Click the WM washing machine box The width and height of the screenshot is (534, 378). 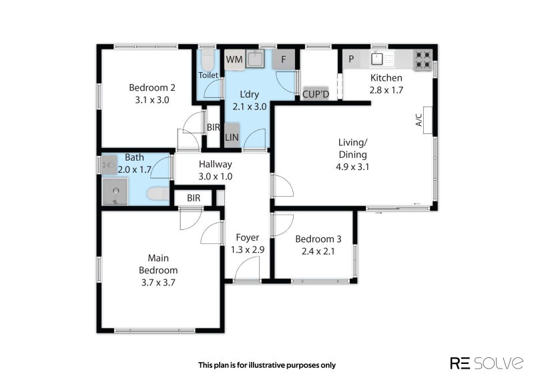click(x=234, y=59)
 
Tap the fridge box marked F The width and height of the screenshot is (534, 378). click(x=283, y=59)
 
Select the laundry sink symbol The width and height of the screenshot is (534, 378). click(x=255, y=59)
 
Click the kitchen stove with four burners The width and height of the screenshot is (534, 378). click(x=423, y=60)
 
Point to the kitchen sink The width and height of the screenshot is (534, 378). click(x=377, y=59)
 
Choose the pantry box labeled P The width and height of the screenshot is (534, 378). click(x=351, y=59)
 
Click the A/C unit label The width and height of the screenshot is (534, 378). click(x=419, y=120)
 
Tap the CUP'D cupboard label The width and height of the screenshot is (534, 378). click(x=316, y=94)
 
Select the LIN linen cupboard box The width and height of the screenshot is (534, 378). click(x=232, y=135)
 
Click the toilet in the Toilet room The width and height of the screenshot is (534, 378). click(x=207, y=60)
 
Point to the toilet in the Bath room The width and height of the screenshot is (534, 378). click(x=158, y=194)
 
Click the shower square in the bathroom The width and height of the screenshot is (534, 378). click(x=115, y=192)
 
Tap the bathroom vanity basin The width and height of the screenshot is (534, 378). click(x=109, y=165)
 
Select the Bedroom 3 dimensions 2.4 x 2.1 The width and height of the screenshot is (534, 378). click(x=318, y=251)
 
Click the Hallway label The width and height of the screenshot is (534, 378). click(x=215, y=164)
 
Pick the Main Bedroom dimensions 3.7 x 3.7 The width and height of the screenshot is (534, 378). click(x=158, y=283)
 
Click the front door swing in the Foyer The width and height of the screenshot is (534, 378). click(x=248, y=268)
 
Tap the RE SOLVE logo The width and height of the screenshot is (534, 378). click(x=487, y=363)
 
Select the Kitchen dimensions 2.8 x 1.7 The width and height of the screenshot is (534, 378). click(x=386, y=90)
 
